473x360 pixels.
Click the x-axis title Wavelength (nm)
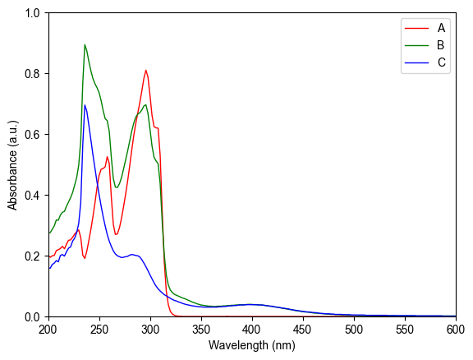[x=252, y=346]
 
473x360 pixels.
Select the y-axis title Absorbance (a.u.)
[x=13, y=164]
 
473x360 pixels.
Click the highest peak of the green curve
[x=85, y=44]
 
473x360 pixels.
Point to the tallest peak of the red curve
[x=145, y=70]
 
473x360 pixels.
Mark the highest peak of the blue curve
[x=85, y=104]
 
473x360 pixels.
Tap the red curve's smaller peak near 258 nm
[x=107, y=156]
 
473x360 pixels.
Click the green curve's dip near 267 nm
[x=117, y=187]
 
